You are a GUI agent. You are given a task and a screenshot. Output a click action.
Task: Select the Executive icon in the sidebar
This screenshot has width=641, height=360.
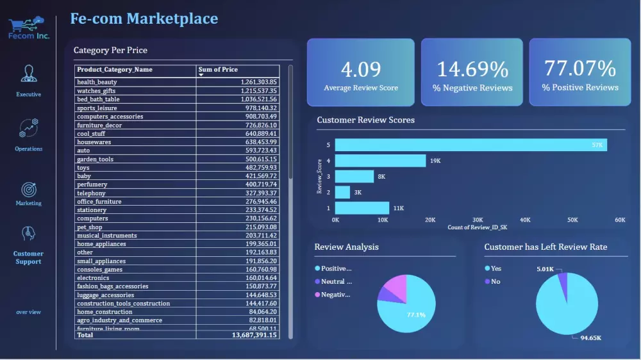coord(28,74)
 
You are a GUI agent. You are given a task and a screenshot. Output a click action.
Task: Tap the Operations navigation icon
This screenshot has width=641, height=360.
coord(28,128)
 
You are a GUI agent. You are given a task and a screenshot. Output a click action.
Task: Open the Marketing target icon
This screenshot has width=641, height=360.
coord(28,190)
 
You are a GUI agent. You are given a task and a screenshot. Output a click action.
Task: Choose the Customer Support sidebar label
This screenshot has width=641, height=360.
coord(28,258)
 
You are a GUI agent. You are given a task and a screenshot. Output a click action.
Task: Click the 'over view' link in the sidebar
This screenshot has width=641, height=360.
coord(28,312)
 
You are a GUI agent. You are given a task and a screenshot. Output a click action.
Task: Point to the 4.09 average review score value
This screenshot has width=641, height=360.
coord(360,69)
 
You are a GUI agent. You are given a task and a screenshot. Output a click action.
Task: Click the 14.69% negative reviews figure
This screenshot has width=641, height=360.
coord(472,69)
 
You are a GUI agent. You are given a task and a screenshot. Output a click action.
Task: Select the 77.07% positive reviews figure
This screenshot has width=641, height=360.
coord(579,68)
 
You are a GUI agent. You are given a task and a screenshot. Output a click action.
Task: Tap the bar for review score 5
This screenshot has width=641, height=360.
coord(470,145)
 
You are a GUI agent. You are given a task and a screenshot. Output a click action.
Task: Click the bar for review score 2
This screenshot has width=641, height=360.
coord(342,192)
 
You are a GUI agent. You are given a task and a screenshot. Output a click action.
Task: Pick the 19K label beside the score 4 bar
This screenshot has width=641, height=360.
coord(436,161)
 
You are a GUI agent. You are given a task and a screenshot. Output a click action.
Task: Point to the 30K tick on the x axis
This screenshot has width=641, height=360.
coord(478,220)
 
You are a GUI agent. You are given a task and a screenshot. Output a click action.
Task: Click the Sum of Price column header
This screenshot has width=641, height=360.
coord(218,69)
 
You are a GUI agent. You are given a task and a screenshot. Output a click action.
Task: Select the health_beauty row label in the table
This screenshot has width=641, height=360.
coord(97,83)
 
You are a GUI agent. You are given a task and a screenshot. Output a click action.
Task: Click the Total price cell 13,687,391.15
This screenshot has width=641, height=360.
coord(254,335)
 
